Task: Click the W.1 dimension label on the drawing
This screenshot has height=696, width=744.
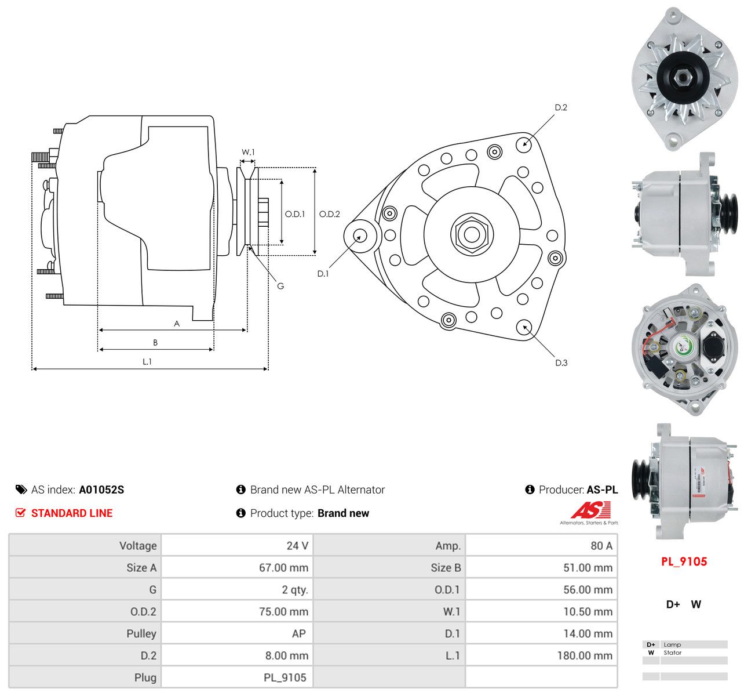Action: [x=248, y=152]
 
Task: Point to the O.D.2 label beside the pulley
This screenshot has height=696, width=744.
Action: [x=329, y=214]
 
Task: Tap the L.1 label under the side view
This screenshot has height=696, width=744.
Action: [x=147, y=361]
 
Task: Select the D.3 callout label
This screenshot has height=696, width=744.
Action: [x=561, y=362]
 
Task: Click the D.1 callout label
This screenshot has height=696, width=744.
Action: [x=323, y=274]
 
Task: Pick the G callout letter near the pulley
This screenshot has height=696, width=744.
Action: [x=280, y=286]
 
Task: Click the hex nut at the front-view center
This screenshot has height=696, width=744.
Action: [x=471, y=234]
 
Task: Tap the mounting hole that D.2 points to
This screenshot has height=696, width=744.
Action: [x=523, y=144]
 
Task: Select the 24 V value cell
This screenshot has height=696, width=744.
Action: [x=297, y=546]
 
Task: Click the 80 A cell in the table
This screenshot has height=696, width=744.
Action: [x=601, y=546]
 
